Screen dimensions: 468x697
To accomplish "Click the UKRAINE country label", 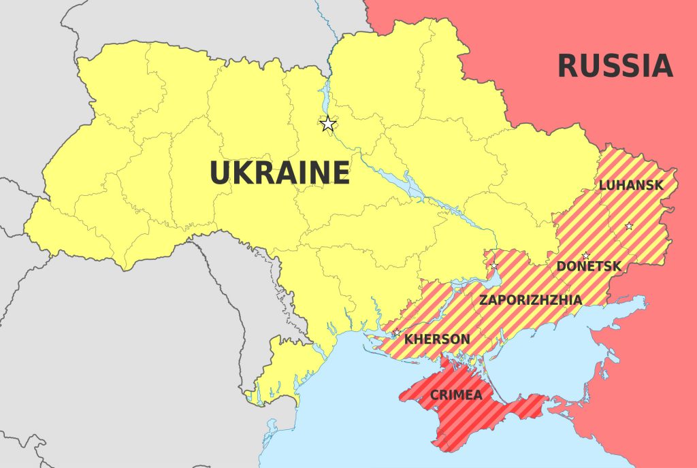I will [280, 173].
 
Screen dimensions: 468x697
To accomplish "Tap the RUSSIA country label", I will [615, 66].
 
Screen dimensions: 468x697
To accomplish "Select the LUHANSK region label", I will [631, 185].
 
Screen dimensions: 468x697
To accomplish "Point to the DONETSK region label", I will [589, 267].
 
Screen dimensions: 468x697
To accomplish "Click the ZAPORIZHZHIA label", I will [530, 299].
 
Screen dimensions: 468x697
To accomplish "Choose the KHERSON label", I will [437, 339].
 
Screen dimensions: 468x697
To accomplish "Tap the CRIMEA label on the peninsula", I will [456, 395].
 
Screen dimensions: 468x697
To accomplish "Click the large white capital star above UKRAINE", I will [328, 124].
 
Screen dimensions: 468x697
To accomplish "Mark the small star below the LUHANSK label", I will [629, 226].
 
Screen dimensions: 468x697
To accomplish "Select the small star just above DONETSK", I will [585, 256].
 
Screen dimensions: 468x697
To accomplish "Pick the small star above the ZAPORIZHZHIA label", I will [494, 265].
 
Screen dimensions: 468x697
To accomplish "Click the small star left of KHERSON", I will [396, 333].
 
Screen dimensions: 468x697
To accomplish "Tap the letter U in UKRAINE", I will [221, 173].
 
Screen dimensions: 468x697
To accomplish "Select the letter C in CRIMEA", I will [434, 395].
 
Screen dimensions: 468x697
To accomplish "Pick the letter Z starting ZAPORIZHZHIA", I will [483, 299].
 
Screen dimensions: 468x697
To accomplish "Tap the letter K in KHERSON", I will [408, 339].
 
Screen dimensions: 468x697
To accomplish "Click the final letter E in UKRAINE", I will [340, 173].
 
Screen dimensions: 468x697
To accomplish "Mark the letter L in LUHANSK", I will [602, 185].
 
